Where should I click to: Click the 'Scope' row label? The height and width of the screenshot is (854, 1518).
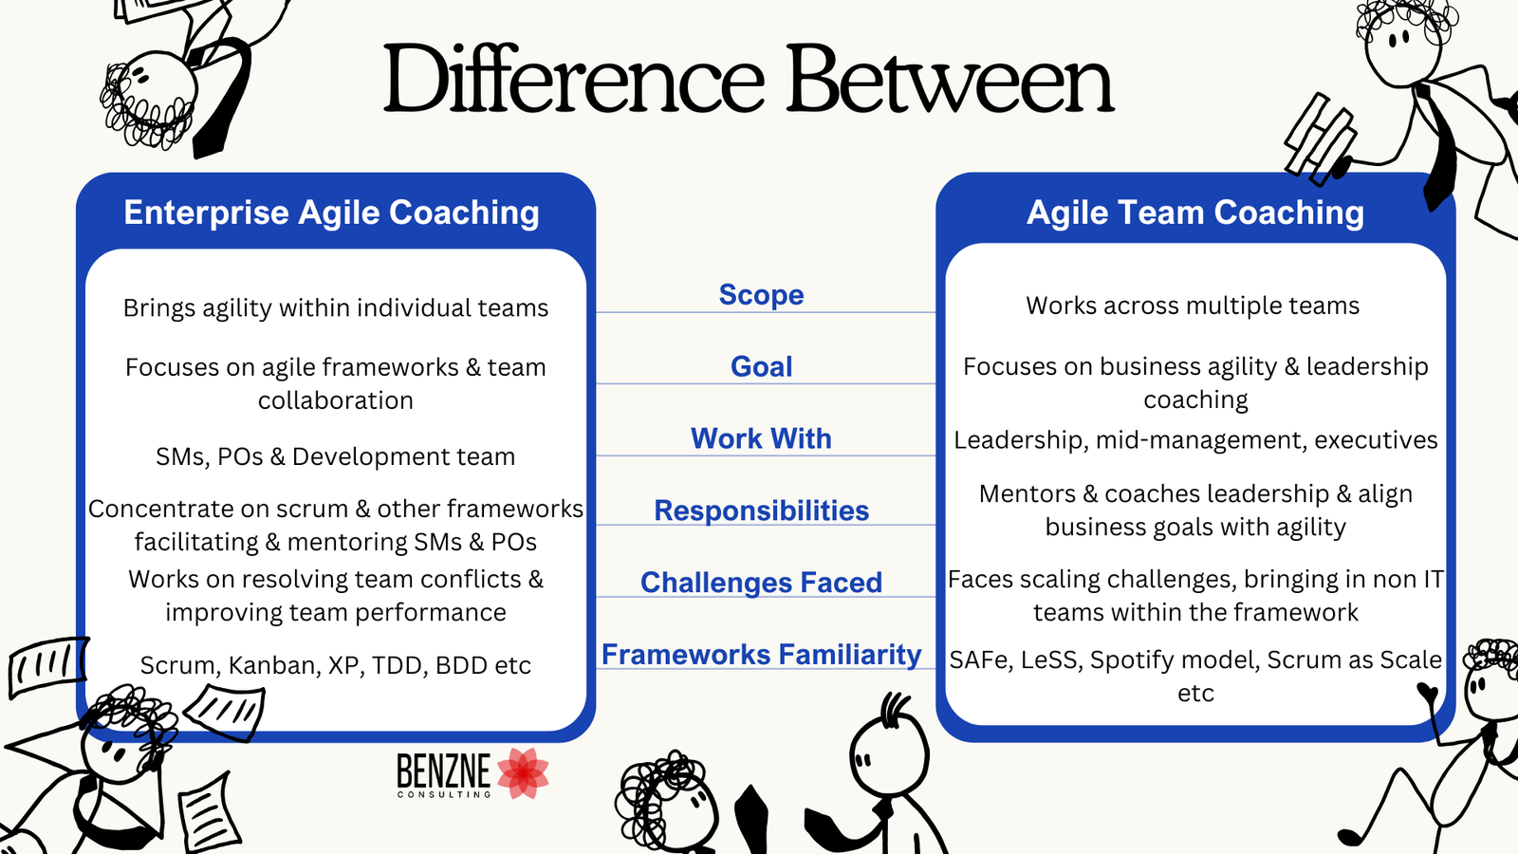click(761, 295)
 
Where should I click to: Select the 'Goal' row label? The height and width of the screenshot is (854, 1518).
click(761, 366)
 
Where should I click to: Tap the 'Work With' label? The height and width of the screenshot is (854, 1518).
click(761, 438)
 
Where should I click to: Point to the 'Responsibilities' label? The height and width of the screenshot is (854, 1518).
click(761, 511)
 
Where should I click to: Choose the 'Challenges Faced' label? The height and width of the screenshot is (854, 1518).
click(761, 583)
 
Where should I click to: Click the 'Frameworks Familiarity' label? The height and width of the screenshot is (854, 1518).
click(761, 655)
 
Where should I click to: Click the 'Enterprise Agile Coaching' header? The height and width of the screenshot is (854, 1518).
click(331, 213)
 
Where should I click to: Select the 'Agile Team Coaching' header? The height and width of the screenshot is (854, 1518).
click(1195, 213)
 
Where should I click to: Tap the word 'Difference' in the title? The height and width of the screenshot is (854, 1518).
click(573, 80)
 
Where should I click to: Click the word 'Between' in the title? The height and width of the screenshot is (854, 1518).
click(949, 80)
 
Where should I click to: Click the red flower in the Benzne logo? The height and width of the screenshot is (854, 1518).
click(523, 772)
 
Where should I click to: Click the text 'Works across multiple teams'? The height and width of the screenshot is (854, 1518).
click(1193, 306)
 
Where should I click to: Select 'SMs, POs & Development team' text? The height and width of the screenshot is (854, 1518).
click(335, 456)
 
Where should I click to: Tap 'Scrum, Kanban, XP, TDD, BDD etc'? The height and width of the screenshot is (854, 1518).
click(335, 665)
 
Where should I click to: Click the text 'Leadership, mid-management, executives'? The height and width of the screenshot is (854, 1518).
click(1195, 440)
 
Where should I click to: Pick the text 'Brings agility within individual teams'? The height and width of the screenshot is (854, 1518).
click(335, 308)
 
